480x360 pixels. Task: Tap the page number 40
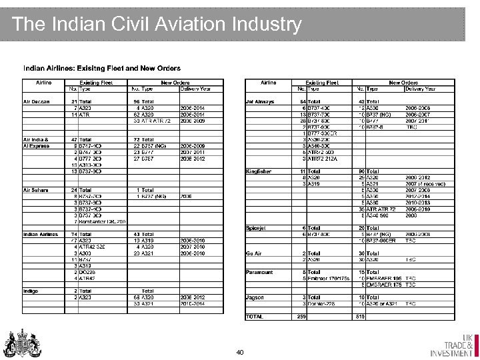click(x=241, y=351)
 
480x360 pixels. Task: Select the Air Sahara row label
click(x=36, y=189)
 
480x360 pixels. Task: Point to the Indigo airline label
click(x=31, y=291)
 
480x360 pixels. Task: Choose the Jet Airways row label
click(x=260, y=101)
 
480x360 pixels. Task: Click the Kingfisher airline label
click(x=259, y=171)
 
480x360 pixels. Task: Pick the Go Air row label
click(x=254, y=253)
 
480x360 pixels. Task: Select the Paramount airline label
click(x=259, y=272)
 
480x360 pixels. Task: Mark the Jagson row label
click(x=255, y=297)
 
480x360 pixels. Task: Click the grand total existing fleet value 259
click(x=301, y=317)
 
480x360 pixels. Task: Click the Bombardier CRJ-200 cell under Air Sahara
click(x=102, y=221)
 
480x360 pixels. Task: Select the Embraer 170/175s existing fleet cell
click(x=329, y=279)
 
